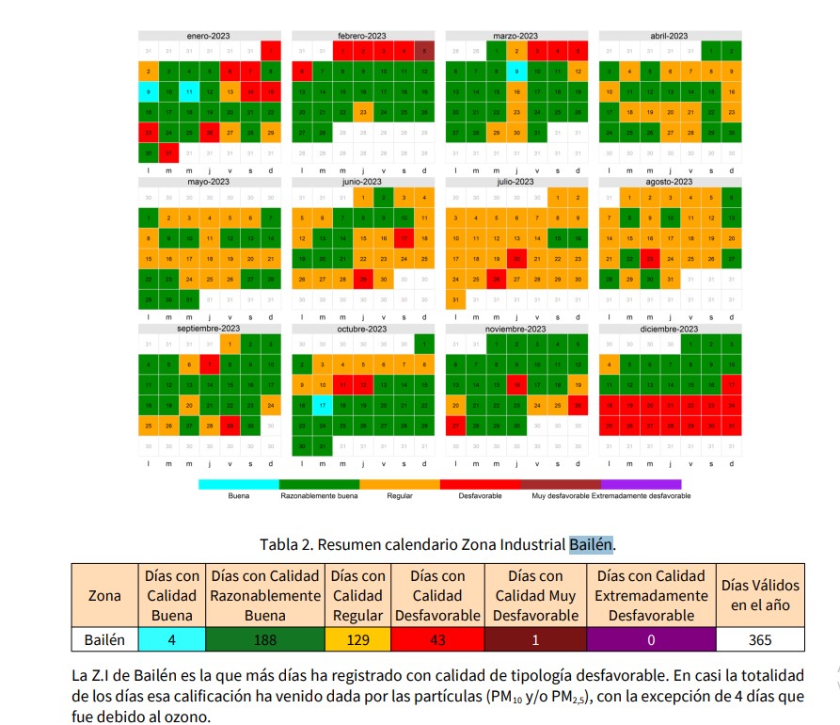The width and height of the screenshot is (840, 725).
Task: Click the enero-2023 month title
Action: [208, 36]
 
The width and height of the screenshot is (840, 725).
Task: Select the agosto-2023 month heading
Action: [669, 182]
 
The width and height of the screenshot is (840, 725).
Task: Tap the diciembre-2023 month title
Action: [669, 329]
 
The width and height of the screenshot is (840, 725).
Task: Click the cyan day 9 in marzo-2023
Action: [515, 71]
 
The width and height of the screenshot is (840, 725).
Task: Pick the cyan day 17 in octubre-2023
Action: [322, 406]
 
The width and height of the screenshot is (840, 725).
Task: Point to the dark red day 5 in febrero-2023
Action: [424, 50]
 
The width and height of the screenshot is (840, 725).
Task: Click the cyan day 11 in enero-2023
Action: [188, 92]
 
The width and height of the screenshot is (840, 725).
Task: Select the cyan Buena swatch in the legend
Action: [239, 484]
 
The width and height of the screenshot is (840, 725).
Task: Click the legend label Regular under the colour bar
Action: [400, 495]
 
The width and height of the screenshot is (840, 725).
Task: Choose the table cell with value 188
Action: [264, 640]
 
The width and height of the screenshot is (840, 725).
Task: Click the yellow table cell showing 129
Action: [357, 640]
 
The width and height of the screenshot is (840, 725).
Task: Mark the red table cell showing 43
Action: [437, 640]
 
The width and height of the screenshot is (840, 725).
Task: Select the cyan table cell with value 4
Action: [171, 640]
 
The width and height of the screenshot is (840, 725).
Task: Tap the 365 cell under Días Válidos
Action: [760, 640]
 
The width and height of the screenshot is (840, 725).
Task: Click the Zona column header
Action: [104, 595]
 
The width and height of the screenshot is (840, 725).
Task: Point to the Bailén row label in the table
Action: [104, 640]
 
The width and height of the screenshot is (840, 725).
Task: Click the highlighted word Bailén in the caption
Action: [590, 544]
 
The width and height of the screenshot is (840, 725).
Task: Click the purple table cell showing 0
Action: [651, 640]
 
